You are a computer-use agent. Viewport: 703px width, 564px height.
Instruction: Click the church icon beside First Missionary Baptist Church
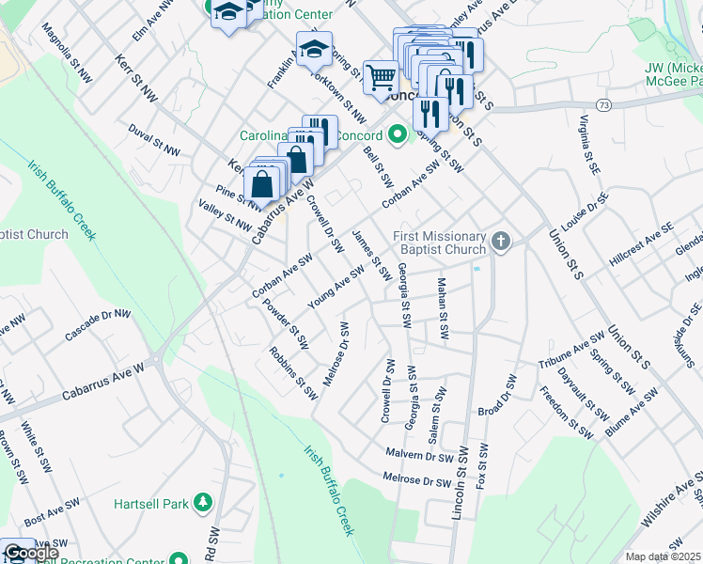pyautogui.click(x=501, y=243)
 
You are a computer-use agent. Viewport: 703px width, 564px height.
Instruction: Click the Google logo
pyautogui.click(x=30, y=553)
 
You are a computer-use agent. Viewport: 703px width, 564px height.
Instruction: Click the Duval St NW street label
pyautogui.click(x=154, y=139)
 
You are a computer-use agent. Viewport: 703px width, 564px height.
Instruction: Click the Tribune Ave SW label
pyautogui.click(x=571, y=350)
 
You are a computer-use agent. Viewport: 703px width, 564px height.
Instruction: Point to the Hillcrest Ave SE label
pyautogui.click(x=641, y=242)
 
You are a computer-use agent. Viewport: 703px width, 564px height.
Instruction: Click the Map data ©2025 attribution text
pyautogui.click(x=664, y=556)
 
